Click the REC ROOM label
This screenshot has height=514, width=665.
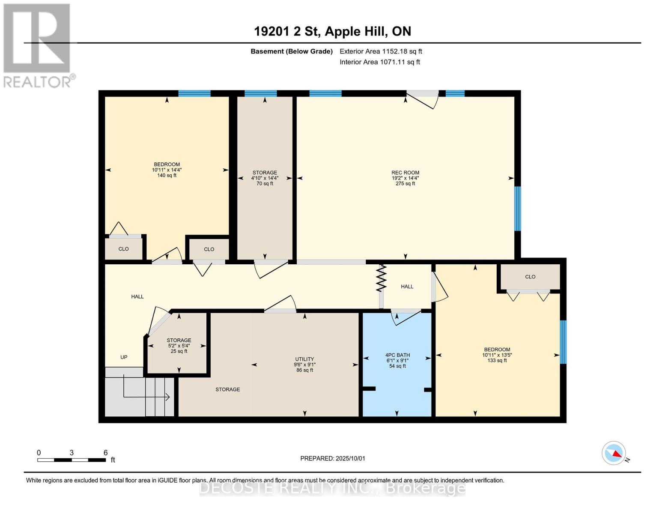[x=405, y=173]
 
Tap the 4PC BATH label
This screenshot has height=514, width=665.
[x=397, y=355]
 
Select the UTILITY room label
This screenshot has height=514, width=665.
[x=304, y=359]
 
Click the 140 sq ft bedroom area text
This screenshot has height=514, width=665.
[x=167, y=176]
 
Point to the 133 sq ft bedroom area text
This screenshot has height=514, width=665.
[x=497, y=361]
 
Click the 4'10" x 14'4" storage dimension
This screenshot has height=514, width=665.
[x=265, y=178]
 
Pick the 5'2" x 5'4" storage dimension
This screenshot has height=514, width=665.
[x=179, y=346]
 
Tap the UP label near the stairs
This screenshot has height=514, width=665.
[x=124, y=357]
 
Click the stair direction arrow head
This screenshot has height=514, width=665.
[x=168, y=397]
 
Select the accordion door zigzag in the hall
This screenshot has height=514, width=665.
[x=381, y=278]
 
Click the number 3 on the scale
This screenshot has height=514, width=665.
[x=72, y=453]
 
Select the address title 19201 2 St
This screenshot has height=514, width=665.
[x=287, y=32]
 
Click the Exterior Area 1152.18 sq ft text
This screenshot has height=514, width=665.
[x=381, y=51]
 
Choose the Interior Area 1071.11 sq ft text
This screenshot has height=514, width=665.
[x=380, y=62]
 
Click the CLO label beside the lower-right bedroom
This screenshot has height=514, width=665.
[x=531, y=277]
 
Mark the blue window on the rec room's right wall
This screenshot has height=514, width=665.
[x=518, y=209]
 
